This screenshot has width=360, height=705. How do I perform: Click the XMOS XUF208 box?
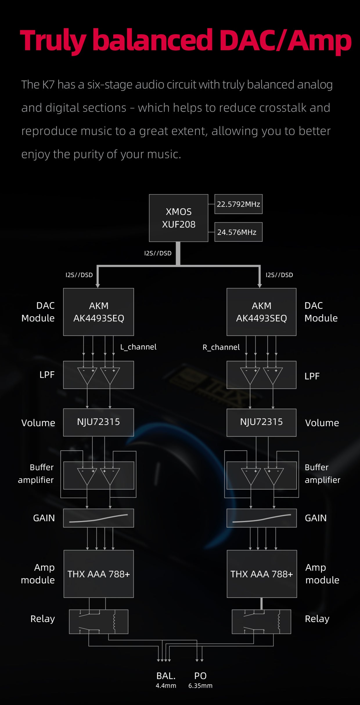point(179,218)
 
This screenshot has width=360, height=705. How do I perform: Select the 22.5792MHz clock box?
point(238,204)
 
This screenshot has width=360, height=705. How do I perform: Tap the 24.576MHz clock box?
point(238,232)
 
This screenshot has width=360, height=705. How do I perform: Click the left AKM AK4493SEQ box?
point(98,312)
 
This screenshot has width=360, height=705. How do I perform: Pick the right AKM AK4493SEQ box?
point(261,312)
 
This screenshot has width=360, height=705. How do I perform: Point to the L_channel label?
point(138,347)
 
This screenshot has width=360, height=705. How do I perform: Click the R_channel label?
point(221,347)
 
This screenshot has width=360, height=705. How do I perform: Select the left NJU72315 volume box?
point(98,422)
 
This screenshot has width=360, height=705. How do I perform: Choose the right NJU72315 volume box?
point(261,422)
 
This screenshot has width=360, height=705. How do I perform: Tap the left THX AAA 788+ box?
point(98,574)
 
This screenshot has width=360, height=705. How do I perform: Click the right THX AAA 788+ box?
point(262,574)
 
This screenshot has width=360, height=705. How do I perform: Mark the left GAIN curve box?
point(98,518)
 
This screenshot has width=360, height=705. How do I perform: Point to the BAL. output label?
point(166,676)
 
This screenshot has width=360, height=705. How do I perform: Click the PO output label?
point(200,676)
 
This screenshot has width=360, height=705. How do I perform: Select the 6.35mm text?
point(200,686)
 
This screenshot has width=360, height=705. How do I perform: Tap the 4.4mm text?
point(166,686)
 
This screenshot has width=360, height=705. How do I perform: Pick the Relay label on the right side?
point(317,619)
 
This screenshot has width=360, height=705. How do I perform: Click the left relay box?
point(98,621)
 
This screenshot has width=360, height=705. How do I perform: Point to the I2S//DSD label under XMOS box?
point(158,253)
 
